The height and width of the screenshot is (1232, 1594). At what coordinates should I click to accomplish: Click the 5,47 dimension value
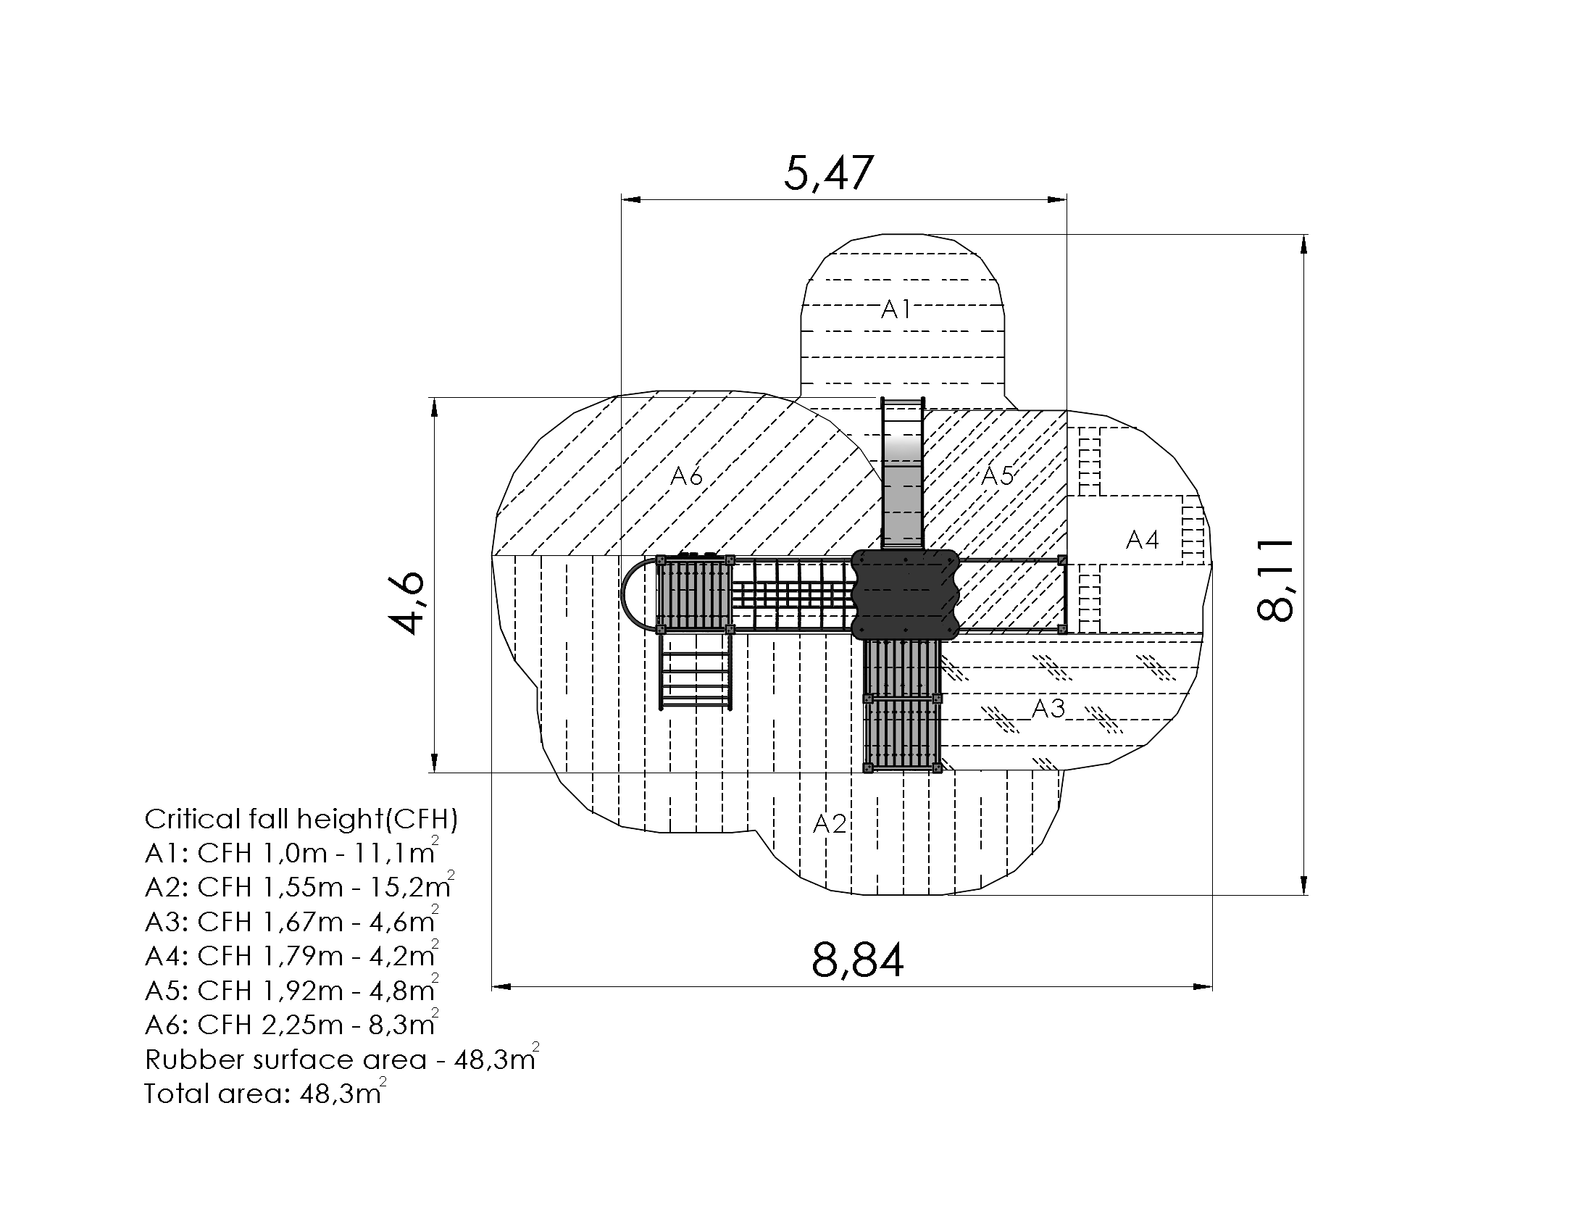(828, 173)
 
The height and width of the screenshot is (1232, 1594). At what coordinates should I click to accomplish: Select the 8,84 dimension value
(858, 960)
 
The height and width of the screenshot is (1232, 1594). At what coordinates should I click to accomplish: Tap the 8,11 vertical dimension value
(1275, 580)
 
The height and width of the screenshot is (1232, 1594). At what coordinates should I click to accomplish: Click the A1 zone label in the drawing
(896, 309)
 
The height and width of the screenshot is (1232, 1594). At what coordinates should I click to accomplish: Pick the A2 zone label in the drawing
(830, 823)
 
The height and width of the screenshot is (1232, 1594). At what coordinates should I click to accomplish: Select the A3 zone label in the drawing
(1049, 707)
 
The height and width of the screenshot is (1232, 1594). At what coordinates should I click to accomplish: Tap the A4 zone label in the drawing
(1142, 539)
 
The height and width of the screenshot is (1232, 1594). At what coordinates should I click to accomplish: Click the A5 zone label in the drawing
(997, 475)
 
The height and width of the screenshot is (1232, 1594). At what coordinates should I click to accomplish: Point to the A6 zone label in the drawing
(686, 476)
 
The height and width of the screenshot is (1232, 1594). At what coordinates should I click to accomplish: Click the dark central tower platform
(905, 594)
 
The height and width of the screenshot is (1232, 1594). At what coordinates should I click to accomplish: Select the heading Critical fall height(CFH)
(301, 820)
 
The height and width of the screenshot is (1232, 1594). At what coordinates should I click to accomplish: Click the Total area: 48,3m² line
(265, 1092)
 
